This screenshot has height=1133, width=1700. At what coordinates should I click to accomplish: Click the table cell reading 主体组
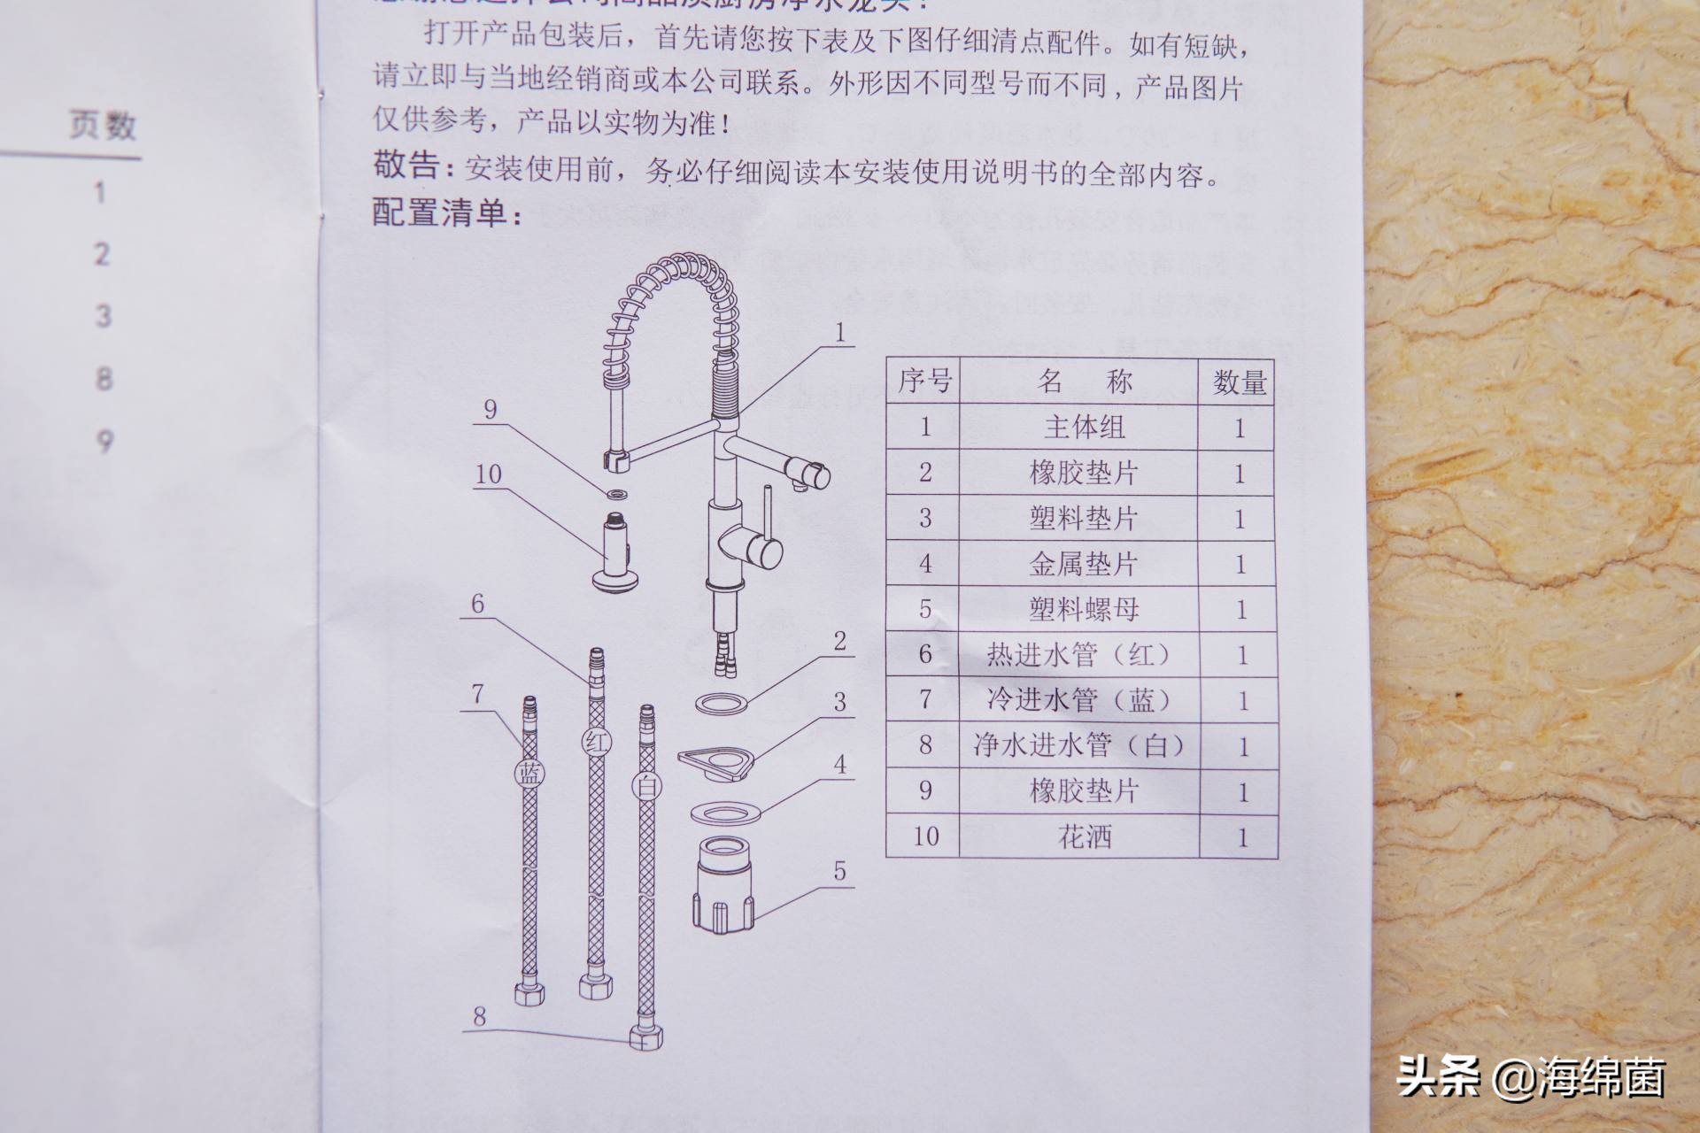coord(1083,428)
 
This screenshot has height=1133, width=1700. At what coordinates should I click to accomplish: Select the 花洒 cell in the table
coord(1084,836)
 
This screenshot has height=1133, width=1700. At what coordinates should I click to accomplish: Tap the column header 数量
coord(1240,382)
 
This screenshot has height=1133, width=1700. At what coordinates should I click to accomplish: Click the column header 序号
coord(924,382)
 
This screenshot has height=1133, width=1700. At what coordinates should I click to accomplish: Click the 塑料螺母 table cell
coord(1083,609)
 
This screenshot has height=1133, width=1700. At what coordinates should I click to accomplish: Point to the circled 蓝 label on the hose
coord(529,774)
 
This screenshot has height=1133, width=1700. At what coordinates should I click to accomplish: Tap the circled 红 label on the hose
coord(595,741)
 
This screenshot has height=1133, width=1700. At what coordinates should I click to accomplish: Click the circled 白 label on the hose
coord(645,784)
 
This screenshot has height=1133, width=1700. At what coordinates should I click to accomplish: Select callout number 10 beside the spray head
coord(489,474)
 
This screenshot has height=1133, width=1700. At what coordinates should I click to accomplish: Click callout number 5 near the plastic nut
coord(839,872)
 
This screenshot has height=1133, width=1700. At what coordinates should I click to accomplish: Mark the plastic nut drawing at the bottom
coord(723,885)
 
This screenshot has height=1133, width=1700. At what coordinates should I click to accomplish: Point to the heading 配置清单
coord(447,213)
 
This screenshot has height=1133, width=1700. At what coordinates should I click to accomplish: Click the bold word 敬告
coord(406,166)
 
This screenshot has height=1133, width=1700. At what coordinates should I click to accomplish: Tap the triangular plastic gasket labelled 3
coord(716,762)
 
